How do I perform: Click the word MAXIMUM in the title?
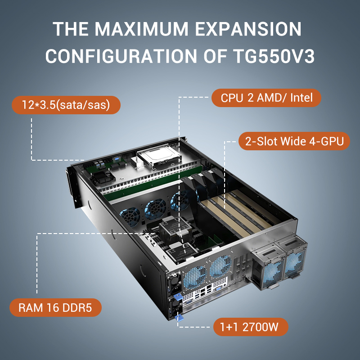(x=141, y=29)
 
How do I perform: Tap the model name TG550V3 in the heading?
(x=274, y=56)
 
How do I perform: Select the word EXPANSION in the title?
(x=248, y=29)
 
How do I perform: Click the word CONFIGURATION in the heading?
(x=121, y=56)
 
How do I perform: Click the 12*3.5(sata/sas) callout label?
(x=66, y=105)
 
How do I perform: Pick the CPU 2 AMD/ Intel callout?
(x=266, y=98)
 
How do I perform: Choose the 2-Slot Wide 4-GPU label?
(x=294, y=141)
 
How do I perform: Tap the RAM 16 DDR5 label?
(x=55, y=308)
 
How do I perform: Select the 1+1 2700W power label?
(x=251, y=327)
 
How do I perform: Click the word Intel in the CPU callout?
(x=301, y=98)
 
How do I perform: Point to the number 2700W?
(x=260, y=327)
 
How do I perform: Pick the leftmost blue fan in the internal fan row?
(x=130, y=216)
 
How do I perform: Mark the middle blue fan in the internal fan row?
(x=155, y=208)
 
